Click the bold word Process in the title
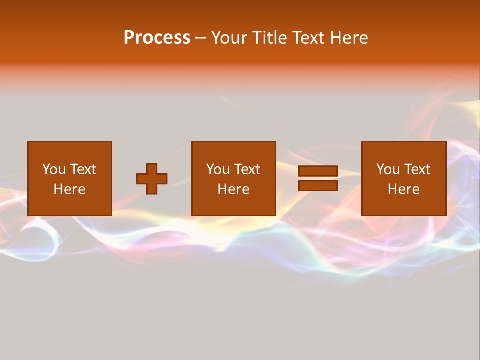pos(157,38)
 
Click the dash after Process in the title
pos(201,38)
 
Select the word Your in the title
pos(228,38)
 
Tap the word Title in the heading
pos(269,38)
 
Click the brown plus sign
pos(152,179)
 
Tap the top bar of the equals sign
pos(318,171)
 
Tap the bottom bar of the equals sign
pos(318,185)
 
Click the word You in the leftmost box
pos(53,169)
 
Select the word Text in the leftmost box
pos(82,169)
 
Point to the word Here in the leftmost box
pos(69,189)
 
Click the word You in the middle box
pos(217,169)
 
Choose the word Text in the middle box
pos(246,169)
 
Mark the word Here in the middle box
pos(233,189)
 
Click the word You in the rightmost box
pos(387,169)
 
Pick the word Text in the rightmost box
pos(416,169)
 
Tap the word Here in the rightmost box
pos(403,189)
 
